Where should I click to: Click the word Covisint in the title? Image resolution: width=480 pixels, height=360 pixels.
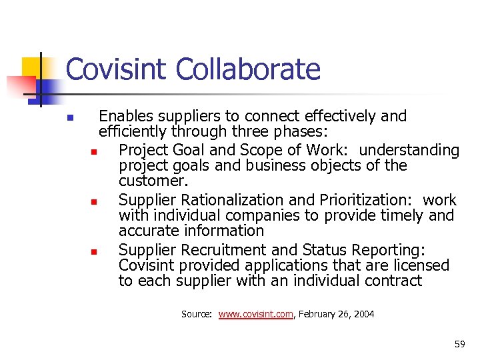click(x=110, y=69)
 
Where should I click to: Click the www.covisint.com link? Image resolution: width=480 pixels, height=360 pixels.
click(x=256, y=314)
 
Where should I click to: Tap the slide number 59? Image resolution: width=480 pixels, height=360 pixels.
click(x=459, y=345)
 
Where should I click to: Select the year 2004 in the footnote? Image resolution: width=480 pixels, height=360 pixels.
click(x=363, y=314)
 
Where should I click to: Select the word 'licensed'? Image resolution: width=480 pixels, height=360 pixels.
click(x=419, y=265)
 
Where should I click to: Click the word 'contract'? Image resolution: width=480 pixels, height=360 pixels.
click(x=393, y=281)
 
